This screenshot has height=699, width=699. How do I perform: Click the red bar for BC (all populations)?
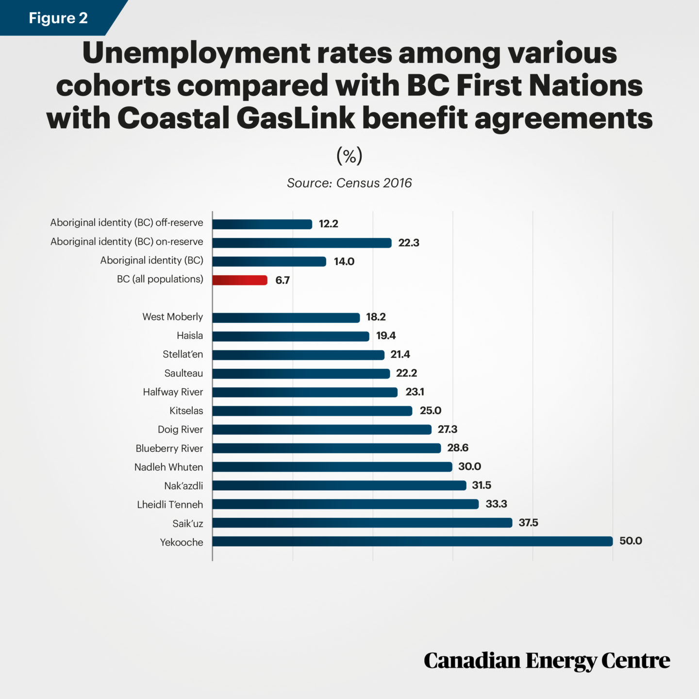click(240, 280)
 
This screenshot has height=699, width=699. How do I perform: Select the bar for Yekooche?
click(413, 541)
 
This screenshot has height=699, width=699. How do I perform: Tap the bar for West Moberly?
click(286, 317)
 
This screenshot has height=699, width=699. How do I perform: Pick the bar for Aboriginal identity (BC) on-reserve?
click(302, 243)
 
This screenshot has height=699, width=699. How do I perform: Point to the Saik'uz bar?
click(362, 523)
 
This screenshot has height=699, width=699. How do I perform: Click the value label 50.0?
click(631, 541)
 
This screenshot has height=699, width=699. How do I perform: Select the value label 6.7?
click(283, 280)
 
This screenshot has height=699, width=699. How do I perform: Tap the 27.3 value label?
click(448, 429)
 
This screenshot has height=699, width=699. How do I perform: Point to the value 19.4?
click(386, 335)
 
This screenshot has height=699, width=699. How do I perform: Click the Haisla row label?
click(190, 335)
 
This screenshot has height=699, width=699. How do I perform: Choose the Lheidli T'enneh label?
click(170, 504)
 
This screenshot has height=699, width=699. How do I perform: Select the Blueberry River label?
click(169, 448)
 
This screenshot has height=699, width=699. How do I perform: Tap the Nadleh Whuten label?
click(168, 467)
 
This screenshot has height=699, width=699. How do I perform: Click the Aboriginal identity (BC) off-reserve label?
click(127, 222)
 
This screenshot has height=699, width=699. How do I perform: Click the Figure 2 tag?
click(58, 18)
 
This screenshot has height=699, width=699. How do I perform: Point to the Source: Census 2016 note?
click(349, 183)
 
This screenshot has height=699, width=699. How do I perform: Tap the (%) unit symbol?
click(349, 156)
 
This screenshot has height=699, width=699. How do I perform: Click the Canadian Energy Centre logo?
click(547, 661)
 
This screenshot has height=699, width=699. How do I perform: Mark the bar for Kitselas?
click(312, 411)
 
